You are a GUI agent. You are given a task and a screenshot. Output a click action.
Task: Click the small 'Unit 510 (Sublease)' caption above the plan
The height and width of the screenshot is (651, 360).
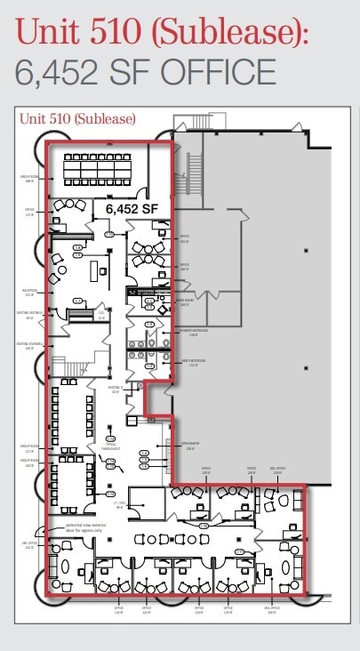76,118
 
